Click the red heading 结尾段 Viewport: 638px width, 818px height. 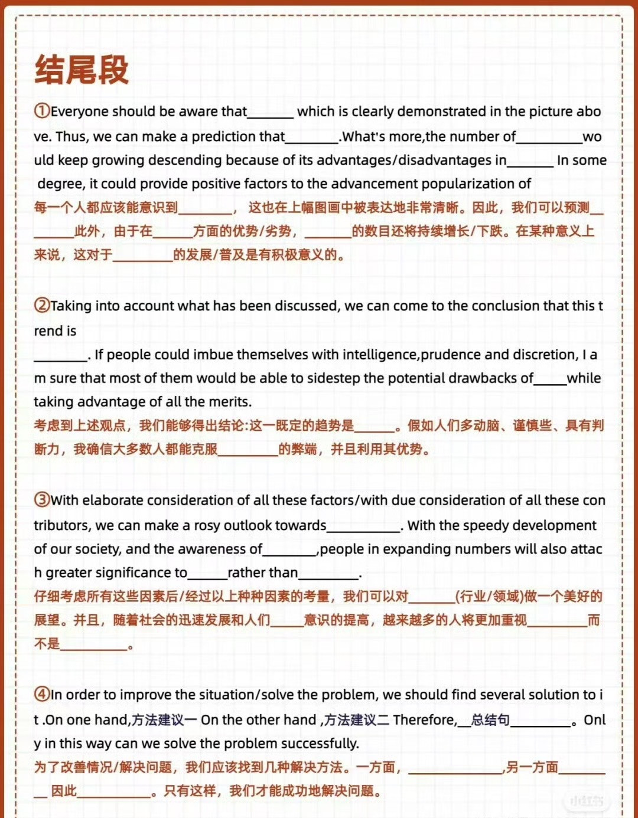pyautogui.click(x=82, y=70)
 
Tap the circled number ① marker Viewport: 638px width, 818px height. pyautogui.click(x=41, y=111)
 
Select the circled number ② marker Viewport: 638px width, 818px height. pyautogui.click(x=41, y=305)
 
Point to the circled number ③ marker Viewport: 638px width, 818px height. pyautogui.click(x=41, y=500)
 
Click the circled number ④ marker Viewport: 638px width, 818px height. pyautogui.click(x=41, y=694)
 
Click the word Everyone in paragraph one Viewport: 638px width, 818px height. pyautogui.click(x=79, y=112)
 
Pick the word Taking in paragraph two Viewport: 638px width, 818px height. pyautogui.click(x=71, y=306)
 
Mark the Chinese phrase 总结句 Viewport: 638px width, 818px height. pyautogui.click(x=490, y=720)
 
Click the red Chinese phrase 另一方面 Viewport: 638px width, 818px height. pyautogui.click(x=532, y=767)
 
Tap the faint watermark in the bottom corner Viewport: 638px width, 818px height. pyautogui.click(x=586, y=800)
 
